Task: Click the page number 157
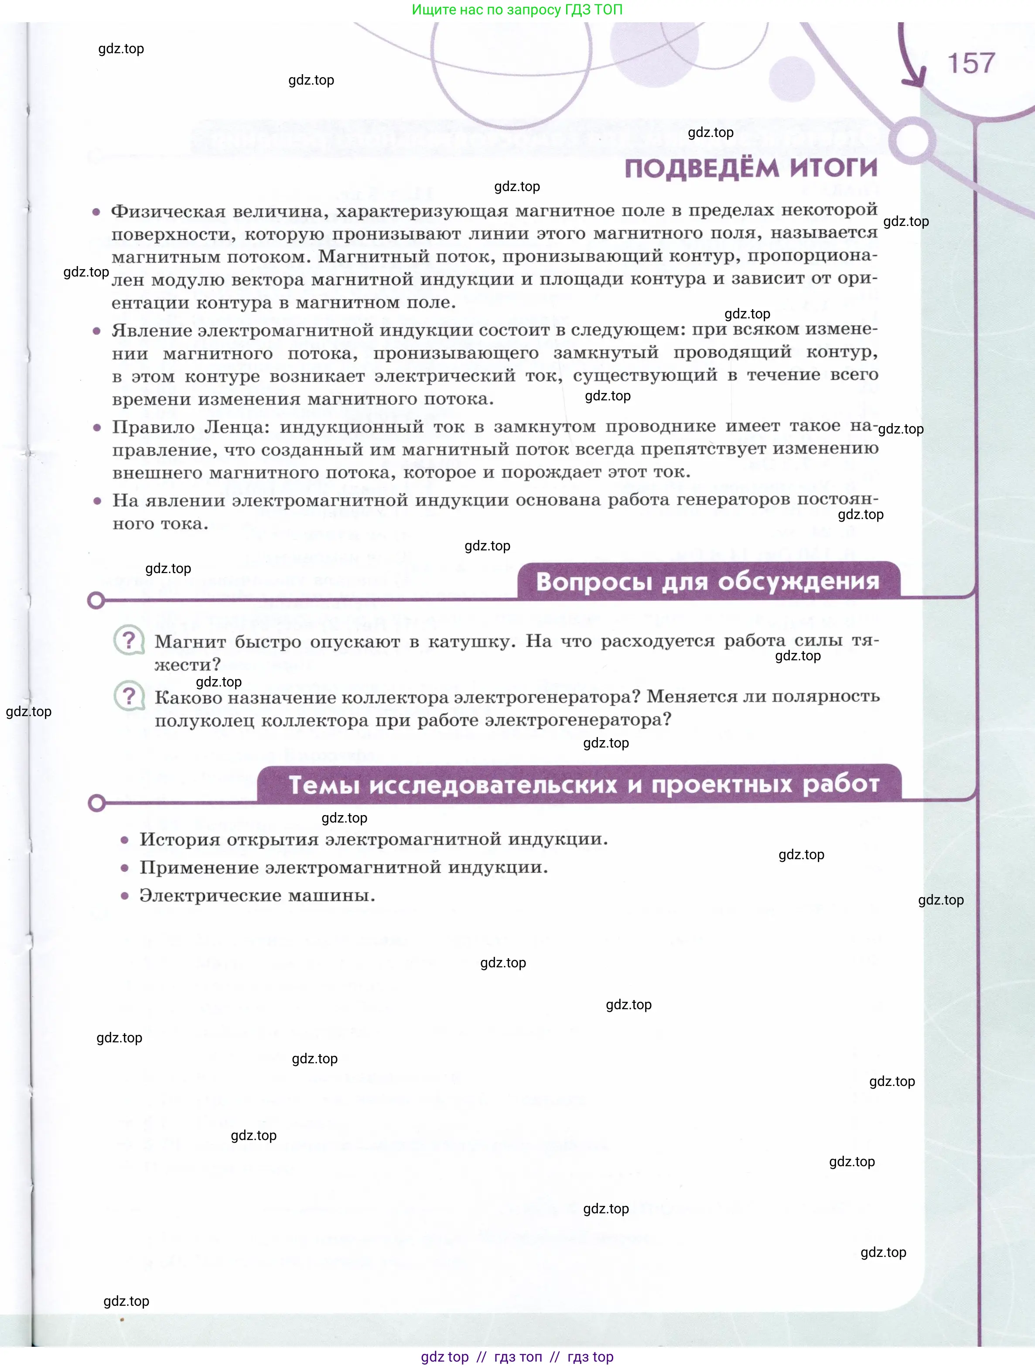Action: (970, 63)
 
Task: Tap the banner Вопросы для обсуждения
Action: (707, 582)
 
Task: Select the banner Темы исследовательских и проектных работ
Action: (584, 785)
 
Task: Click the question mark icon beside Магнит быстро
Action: (129, 640)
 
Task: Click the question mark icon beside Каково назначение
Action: (129, 696)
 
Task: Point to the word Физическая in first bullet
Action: (168, 212)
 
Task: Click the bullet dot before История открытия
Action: (124, 840)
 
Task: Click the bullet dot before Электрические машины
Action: (124, 895)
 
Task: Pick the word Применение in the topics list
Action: (198, 868)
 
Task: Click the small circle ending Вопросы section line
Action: (96, 601)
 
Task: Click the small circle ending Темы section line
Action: (96, 803)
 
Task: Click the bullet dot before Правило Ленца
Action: (96, 428)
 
